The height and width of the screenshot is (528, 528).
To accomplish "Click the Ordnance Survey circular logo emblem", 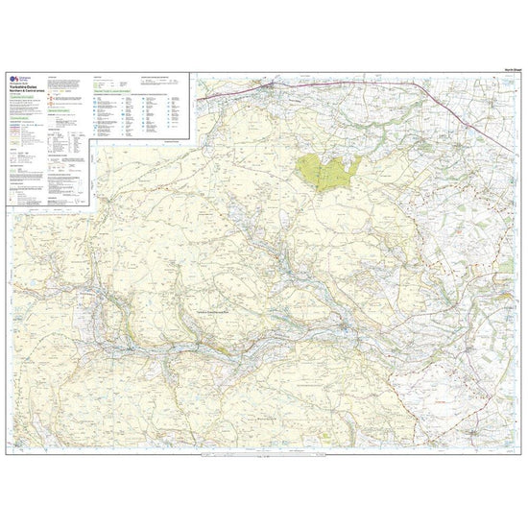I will pos(12,80).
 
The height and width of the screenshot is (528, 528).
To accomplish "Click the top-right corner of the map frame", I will pos(519,75).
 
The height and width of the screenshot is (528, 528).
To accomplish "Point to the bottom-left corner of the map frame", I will pos(9,453).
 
